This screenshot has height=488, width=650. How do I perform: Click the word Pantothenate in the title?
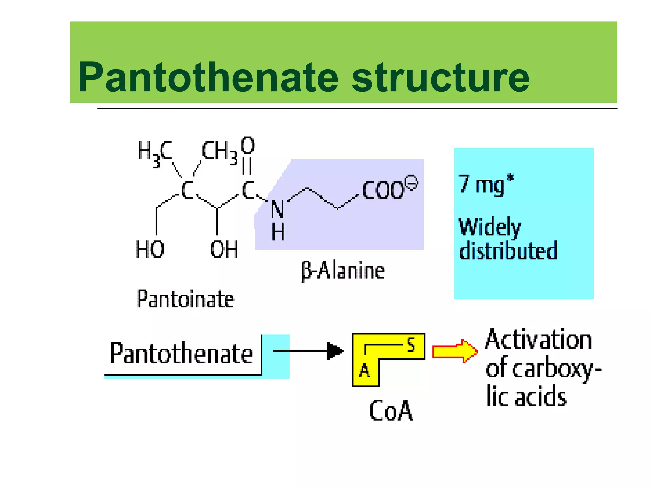point(208,77)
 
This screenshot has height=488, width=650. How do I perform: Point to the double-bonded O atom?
point(248,146)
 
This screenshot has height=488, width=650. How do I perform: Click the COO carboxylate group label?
point(383,190)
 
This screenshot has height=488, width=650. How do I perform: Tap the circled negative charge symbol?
point(412,183)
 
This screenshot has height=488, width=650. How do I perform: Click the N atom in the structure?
point(277,210)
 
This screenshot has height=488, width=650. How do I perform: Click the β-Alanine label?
point(343,271)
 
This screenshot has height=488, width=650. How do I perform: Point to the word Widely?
point(490,227)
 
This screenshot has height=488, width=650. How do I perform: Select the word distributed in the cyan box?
point(508,250)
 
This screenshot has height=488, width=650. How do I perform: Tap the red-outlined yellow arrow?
point(454,351)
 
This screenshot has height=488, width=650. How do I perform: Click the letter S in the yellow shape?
point(411,345)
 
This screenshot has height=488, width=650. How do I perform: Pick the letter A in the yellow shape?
point(364,370)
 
